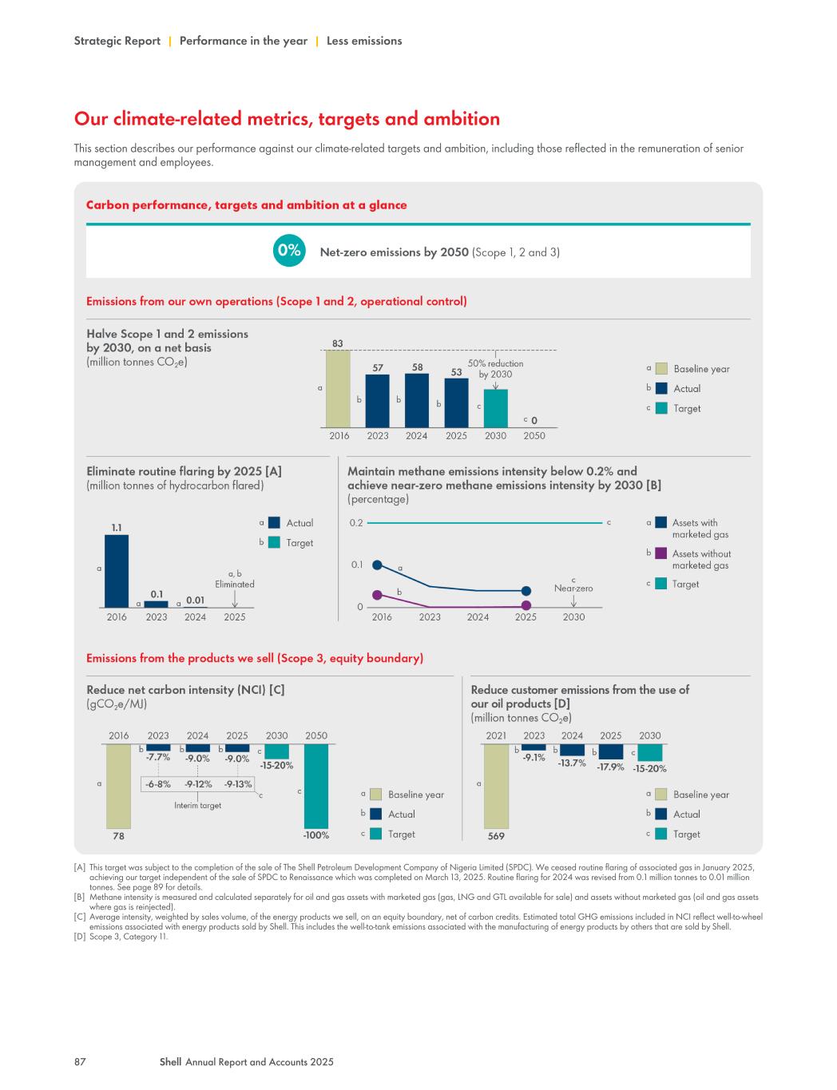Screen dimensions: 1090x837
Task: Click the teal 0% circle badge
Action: pyautogui.click(x=288, y=251)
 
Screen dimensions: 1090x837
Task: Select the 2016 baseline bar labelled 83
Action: pyautogui.click(x=338, y=389)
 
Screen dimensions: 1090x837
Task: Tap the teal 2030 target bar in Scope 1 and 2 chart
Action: pyautogui.click(x=495, y=408)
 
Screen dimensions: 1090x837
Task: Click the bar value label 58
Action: pyautogui.click(x=417, y=367)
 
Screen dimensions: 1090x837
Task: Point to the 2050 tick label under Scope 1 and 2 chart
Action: pyautogui.click(x=534, y=436)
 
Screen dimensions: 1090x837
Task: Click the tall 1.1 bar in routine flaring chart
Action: pyautogui.click(x=117, y=571)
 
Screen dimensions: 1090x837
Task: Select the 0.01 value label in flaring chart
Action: pyautogui.click(x=195, y=600)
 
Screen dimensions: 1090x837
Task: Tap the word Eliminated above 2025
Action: pyautogui.click(x=235, y=585)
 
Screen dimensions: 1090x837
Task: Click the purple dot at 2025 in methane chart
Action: pyautogui.click(x=526, y=605)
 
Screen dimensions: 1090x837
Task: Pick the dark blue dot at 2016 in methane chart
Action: pyautogui.click(x=378, y=565)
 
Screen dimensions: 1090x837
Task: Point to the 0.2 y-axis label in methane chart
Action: pyautogui.click(x=355, y=523)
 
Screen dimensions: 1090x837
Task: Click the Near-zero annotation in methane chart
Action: pyautogui.click(x=573, y=589)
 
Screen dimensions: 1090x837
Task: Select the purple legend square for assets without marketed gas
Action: pyautogui.click(x=660, y=553)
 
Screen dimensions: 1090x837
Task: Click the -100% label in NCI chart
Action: pyautogui.click(x=316, y=835)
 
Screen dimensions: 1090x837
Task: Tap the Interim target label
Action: pyautogui.click(x=197, y=806)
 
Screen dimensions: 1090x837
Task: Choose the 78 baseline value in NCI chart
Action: pyautogui.click(x=118, y=836)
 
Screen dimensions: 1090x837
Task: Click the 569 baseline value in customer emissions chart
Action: pyautogui.click(x=496, y=836)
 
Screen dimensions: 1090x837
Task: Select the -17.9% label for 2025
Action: pyautogui.click(x=610, y=767)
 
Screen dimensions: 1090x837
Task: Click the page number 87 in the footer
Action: pyautogui.click(x=80, y=1062)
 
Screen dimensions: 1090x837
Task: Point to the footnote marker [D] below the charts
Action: pyautogui.click(x=80, y=937)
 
